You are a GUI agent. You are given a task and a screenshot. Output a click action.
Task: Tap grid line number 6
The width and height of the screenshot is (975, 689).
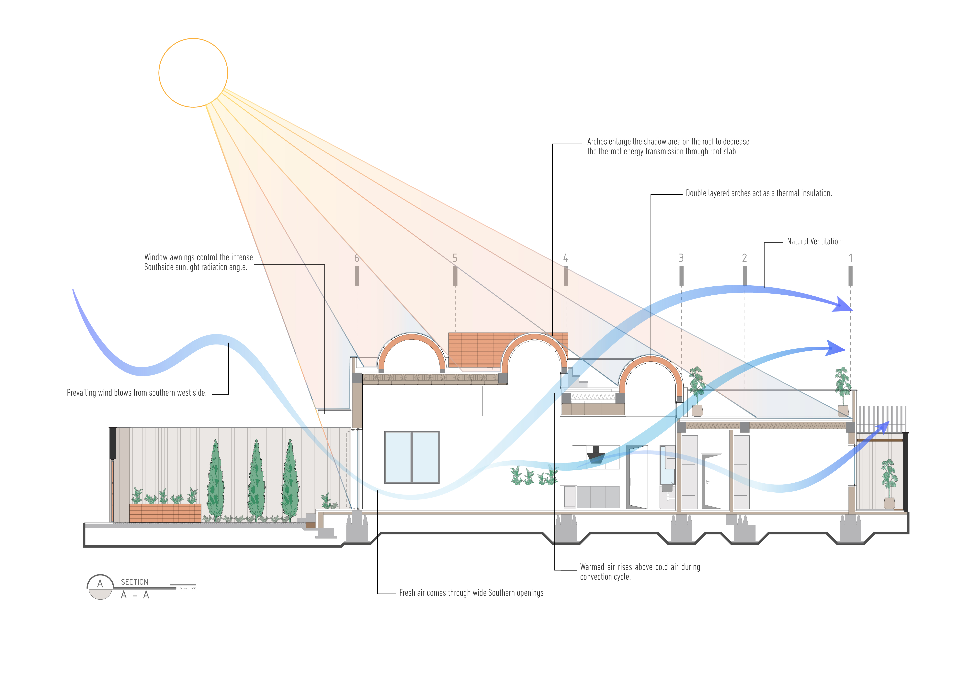357,258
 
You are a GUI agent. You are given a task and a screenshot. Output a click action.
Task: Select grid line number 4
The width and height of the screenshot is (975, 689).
566,258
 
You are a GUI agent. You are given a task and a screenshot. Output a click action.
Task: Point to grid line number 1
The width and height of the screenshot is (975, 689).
850,258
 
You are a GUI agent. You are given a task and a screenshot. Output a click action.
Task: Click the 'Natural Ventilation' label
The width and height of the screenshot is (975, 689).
814,241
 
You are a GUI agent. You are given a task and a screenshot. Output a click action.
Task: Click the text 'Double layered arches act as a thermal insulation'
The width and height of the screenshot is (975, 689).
758,193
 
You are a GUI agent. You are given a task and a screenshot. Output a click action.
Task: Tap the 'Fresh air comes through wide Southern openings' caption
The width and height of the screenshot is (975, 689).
471,593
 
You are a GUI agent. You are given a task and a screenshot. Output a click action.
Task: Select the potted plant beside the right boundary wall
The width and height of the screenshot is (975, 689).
889,484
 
